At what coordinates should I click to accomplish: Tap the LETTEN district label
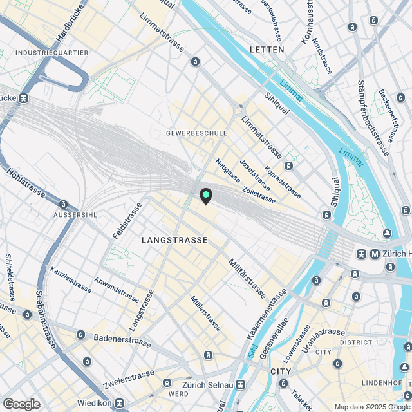pyautogui.click(x=267, y=50)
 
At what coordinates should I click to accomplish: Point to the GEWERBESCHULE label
pyautogui.click(x=196, y=133)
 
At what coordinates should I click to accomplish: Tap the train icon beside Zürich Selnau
pyautogui.click(x=240, y=385)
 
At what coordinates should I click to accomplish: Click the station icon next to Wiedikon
pyautogui.click(x=119, y=403)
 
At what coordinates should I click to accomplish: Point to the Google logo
pyautogui.click(x=21, y=404)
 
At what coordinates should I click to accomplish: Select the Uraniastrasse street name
pyautogui.click(x=324, y=333)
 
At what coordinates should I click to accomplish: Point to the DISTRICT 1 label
pyautogui.click(x=360, y=342)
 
